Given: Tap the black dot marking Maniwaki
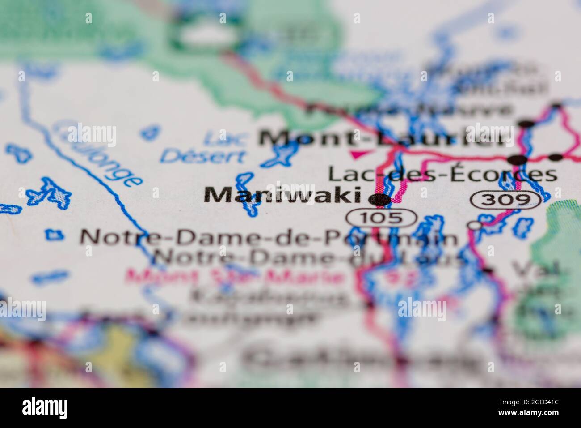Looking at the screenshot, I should (x=381, y=199).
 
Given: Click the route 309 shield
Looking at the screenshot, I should (x=508, y=200).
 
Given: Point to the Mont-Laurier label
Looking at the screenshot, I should (x=384, y=138).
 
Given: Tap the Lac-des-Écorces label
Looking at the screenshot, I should (x=442, y=174).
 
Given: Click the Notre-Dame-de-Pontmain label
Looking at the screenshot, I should (x=268, y=237).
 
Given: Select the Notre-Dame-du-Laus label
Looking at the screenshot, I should (x=308, y=257).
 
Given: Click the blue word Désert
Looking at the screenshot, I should (x=203, y=156).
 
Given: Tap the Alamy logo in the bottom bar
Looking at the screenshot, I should (x=45, y=407).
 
